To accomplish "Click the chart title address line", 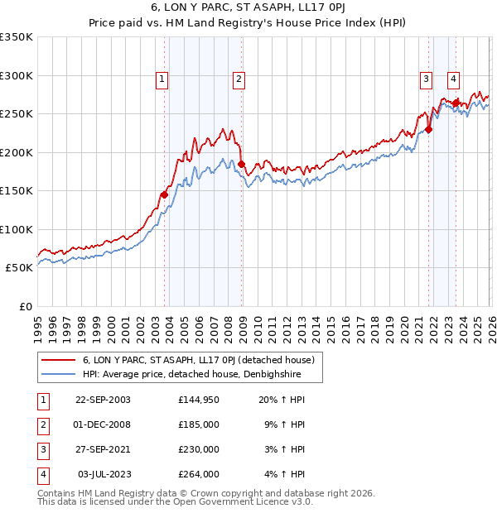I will coord(248,8).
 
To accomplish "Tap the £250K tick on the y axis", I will coord(17,114).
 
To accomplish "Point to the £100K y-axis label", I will coord(17,229).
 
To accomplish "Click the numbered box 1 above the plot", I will coord(162,79).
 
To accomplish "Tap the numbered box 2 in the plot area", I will coord(238,79).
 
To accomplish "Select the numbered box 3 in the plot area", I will coord(425,79).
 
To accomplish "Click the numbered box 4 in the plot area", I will coord(454,79).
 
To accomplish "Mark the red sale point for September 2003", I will coord(164,194).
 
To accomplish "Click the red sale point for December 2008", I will coord(241,165).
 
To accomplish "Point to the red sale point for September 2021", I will coord(429,129).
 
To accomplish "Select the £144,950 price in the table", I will coord(199,400).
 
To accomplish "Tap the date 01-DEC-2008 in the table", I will coord(103,424).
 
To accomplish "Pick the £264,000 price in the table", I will coord(199,474).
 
